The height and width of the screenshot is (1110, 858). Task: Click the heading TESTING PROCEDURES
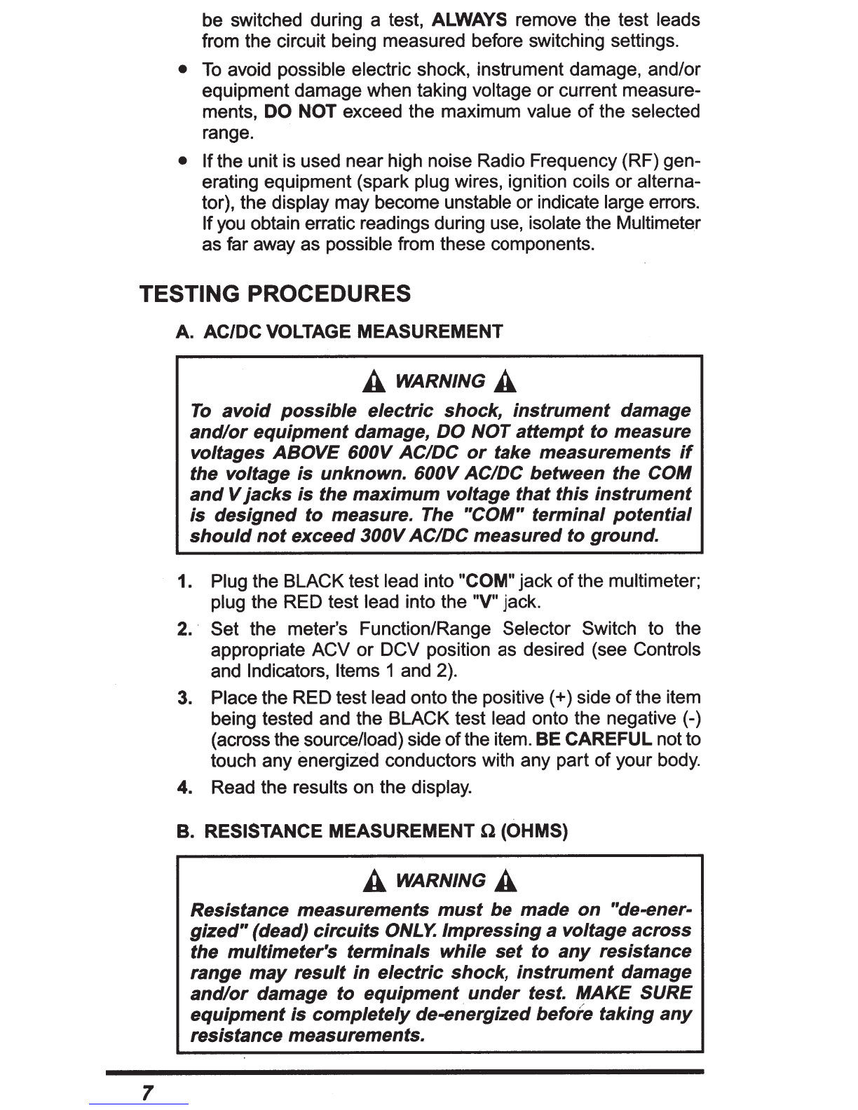(275, 294)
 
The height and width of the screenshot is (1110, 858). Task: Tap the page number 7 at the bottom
(147, 1092)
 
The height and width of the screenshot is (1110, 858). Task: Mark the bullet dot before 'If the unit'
(182, 161)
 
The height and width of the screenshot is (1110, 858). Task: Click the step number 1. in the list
(185, 582)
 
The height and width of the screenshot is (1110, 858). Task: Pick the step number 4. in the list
(185, 788)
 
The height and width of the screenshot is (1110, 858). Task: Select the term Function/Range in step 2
(425, 629)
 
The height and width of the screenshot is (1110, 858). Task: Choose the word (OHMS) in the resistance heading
(535, 832)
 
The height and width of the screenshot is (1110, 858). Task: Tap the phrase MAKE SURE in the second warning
(632, 993)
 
